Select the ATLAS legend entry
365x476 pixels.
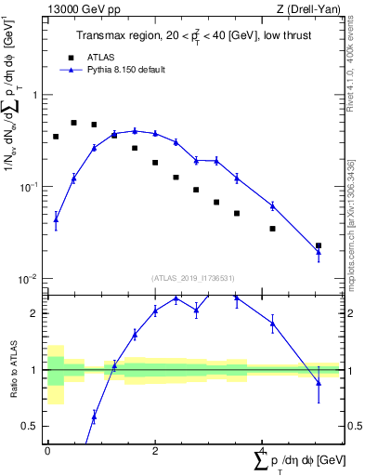[x=98, y=56]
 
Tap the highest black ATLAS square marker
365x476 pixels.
[x=74, y=122]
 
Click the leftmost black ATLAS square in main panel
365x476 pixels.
[x=56, y=137]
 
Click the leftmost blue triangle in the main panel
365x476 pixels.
[x=56, y=219]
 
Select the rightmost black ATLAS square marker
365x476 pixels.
[x=319, y=245]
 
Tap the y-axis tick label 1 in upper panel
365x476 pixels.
[x=36, y=95]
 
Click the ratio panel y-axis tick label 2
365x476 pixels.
[x=36, y=313]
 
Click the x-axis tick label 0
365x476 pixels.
[x=47, y=450]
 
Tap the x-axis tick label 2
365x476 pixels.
[x=154, y=450]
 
